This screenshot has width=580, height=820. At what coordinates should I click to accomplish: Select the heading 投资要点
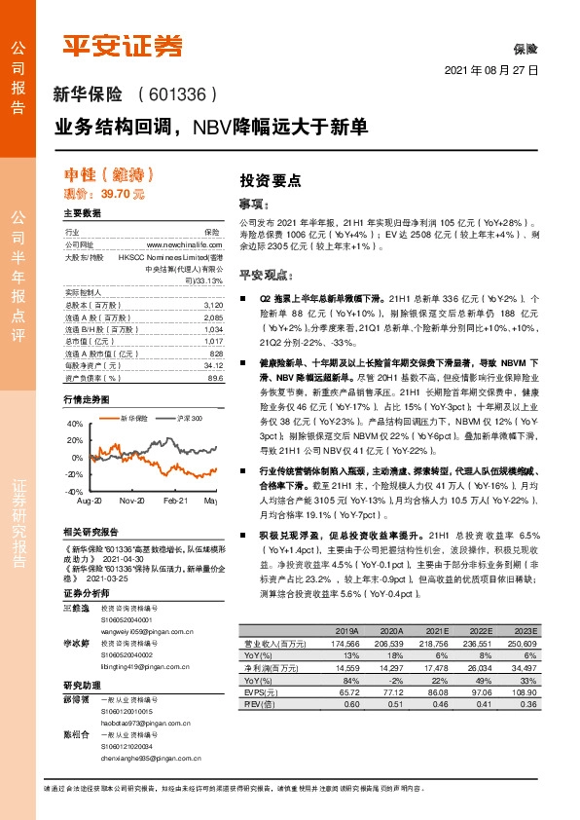click(x=270, y=180)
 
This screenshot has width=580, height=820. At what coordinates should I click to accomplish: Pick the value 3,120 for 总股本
click(x=210, y=305)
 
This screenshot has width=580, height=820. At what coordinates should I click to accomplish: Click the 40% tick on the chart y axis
click(x=75, y=424)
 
